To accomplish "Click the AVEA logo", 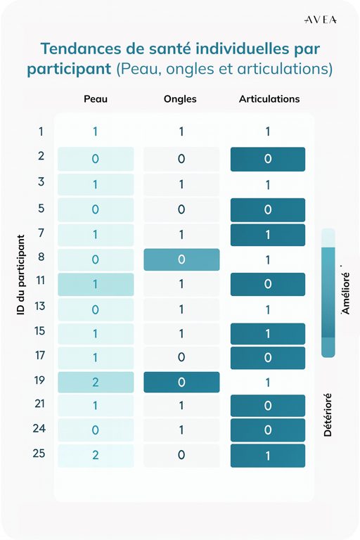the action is (321, 20).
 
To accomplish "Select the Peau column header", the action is (96, 99).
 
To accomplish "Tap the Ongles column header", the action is (180, 99).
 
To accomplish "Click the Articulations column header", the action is (269, 99).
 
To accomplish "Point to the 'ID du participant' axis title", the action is (21, 275).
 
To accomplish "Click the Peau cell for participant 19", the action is (96, 382).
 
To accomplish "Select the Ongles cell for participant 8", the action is (181, 259).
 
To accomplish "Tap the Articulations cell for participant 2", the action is (268, 159).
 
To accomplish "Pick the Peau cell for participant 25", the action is (96, 456).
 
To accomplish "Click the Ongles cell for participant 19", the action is (181, 382).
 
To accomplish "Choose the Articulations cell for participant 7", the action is (268, 236).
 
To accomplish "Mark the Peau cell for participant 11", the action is (96, 285).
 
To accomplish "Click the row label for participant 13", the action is (40, 306).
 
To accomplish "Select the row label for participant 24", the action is (39, 428).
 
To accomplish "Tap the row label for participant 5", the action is (41, 208).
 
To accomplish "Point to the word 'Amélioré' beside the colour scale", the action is (345, 293).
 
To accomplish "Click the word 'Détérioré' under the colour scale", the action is (328, 415).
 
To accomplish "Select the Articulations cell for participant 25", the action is (268, 456).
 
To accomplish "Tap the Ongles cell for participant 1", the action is (181, 131).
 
